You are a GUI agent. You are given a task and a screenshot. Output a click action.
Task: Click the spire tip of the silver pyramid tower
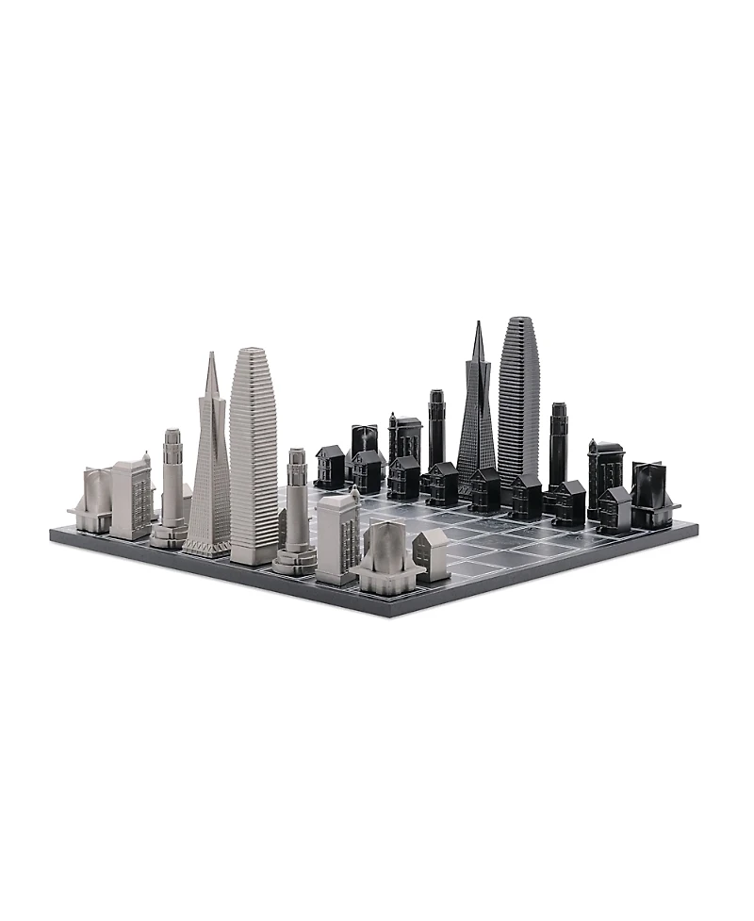click(x=212, y=355)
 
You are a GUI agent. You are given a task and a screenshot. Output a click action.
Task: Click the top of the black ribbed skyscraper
click(x=518, y=321)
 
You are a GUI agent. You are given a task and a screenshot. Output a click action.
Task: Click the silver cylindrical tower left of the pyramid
click(x=172, y=485)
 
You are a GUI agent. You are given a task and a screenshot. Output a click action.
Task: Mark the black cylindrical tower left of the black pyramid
click(x=436, y=429)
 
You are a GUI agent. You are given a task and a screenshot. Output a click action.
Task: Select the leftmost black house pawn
click(x=330, y=467)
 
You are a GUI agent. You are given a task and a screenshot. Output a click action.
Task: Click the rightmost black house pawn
click(x=614, y=509)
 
